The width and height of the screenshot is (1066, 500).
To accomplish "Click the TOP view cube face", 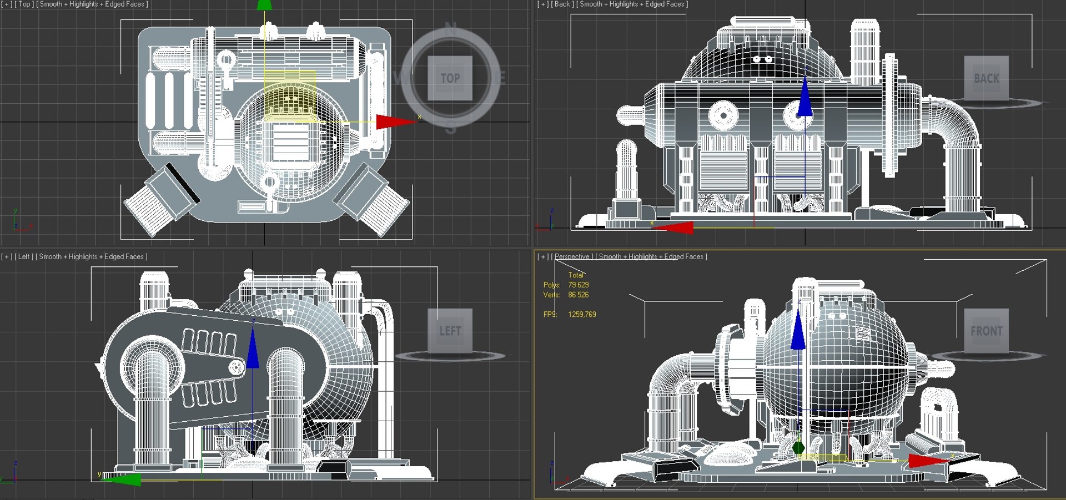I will (450, 78).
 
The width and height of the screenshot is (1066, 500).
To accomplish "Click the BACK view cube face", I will (986, 78).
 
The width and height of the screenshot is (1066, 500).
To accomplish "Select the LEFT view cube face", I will (450, 331).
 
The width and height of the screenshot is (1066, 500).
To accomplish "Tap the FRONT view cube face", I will (986, 331).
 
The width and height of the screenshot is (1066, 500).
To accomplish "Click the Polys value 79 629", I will (578, 285).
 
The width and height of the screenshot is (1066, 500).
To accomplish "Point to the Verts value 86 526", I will (578, 295).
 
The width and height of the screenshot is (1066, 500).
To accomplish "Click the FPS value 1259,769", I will (582, 314).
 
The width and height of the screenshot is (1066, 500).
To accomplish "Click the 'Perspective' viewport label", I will (572, 256).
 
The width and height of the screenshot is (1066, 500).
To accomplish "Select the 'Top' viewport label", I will (24, 4).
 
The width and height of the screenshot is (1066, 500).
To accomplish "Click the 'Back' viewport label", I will (562, 4).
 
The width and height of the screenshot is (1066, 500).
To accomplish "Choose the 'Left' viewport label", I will (23, 256).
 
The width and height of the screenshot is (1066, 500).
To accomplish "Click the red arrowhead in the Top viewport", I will (394, 122).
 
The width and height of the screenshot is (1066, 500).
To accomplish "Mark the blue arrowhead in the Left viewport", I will (253, 349).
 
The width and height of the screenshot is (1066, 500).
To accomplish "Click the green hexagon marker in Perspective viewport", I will (798, 447).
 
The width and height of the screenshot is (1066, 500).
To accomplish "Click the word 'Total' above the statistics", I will (576, 275).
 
